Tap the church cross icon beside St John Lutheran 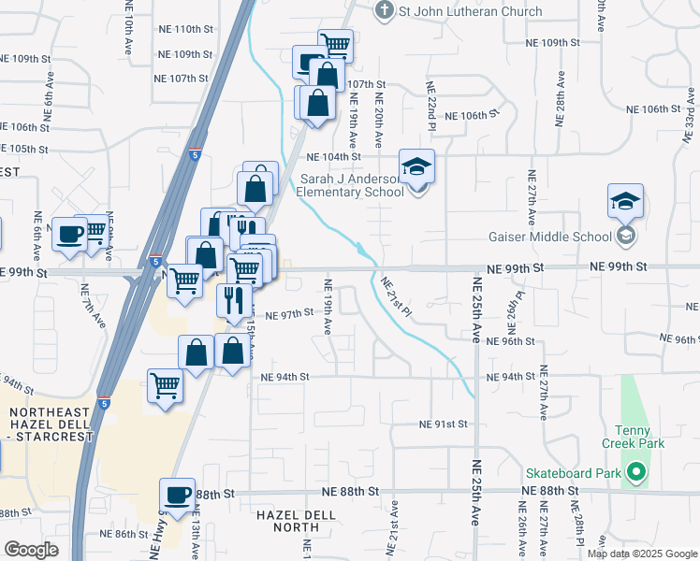point(382,11)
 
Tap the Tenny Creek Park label point(633,436)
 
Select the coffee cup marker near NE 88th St point(177,496)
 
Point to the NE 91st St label point(444,424)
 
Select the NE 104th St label point(333,157)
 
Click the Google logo point(31,549)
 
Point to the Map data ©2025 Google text point(641,554)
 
